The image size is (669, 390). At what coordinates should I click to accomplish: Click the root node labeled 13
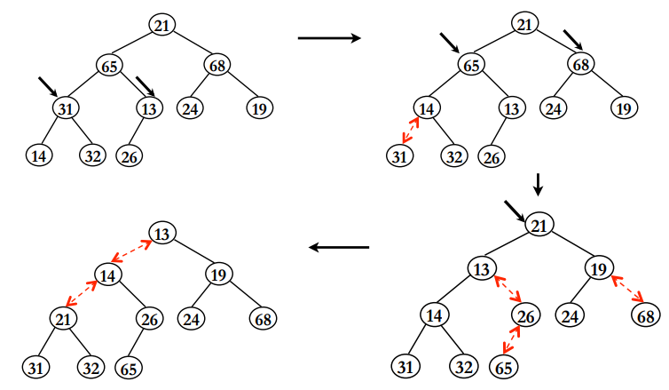(x=162, y=233)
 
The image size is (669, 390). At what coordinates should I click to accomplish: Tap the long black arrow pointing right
(x=328, y=38)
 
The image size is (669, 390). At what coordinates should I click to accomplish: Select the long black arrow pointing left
(x=338, y=248)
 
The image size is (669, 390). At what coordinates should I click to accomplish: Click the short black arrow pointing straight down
(x=537, y=184)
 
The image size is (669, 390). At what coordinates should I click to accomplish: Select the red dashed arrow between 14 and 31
(x=410, y=130)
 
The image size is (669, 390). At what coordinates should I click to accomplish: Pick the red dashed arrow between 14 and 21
(x=80, y=293)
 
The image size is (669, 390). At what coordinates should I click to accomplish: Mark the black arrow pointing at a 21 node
(x=514, y=211)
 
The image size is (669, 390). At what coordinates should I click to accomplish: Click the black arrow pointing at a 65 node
(x=452, y=42)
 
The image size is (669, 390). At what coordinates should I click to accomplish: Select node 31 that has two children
(x=64, y=108)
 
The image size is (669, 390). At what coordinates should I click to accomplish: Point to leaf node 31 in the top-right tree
(x=400, y=156)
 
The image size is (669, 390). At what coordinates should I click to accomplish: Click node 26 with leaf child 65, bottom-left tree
(x=149, y=318)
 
